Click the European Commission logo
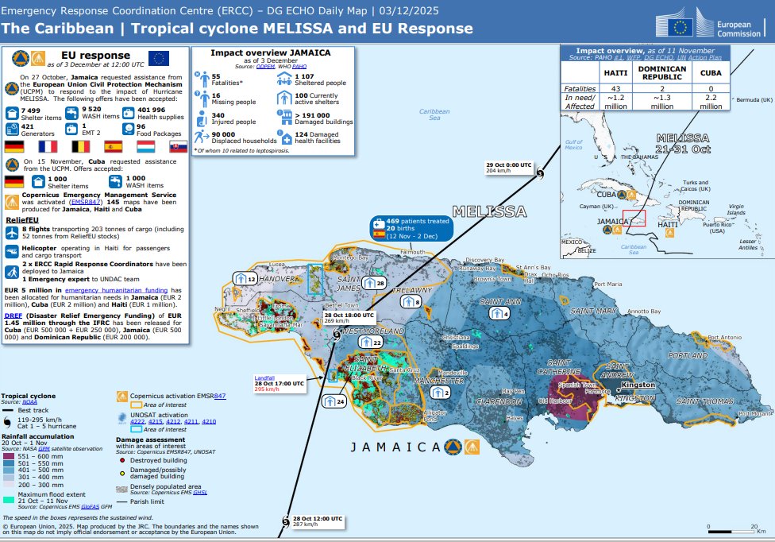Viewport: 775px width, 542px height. point(704,27)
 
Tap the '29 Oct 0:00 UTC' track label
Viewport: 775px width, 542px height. point(508,165)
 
